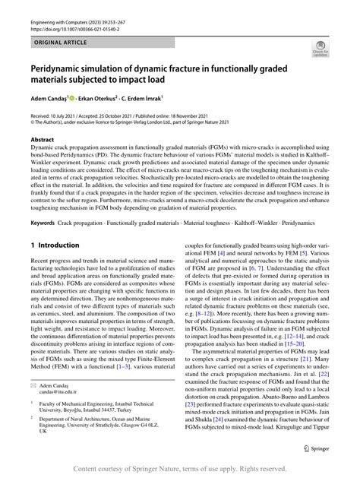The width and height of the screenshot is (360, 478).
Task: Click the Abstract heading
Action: click(x=42, y=141)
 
